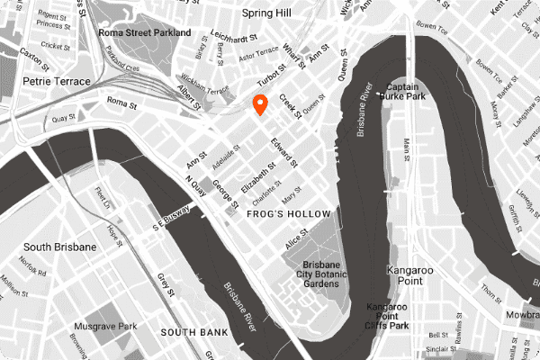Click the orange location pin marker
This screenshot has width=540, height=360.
(x=261, y=104)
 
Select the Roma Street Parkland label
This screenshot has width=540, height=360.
(x=144, y=32)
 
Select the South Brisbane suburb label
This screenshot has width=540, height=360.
(x=59, y=247)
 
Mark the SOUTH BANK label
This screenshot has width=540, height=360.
(x=190, y=332)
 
